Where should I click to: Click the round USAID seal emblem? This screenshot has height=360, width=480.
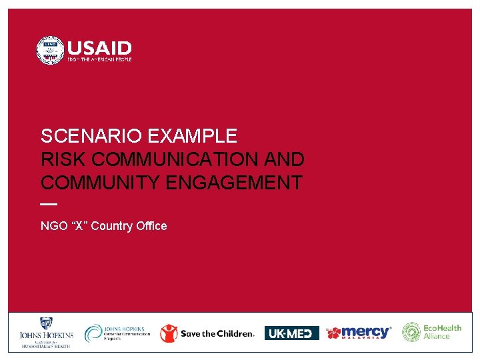(50, 51)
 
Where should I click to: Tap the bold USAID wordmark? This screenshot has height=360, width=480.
(99, 48)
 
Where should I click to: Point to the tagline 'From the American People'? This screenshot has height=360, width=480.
(99, 60)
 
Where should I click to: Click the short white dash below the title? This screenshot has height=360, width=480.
(49, 204)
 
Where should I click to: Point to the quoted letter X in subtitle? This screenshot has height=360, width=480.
(79, 226)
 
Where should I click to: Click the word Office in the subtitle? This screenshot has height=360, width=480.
(151, 226)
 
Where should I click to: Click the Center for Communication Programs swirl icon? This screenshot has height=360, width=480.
(94, 333)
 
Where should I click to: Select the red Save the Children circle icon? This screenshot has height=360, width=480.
(169, 333)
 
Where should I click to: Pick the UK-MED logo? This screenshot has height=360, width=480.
(291, 333)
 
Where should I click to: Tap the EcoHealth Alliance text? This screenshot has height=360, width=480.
(442, 332)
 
